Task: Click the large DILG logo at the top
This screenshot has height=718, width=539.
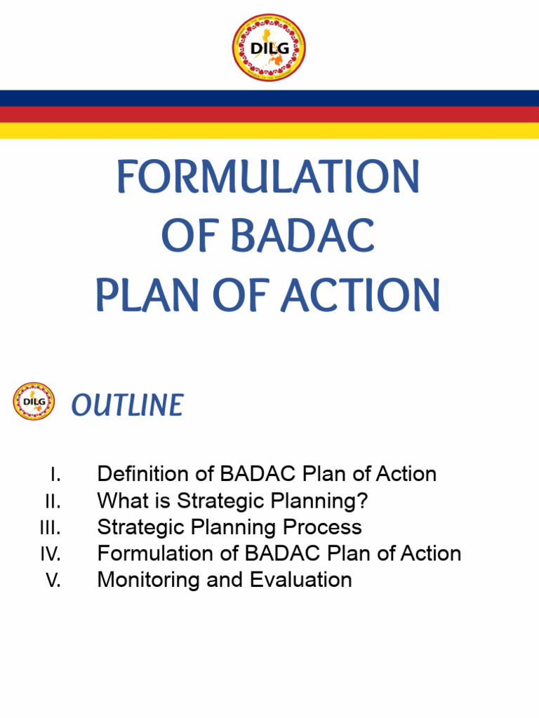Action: pyautogui.click(x=269, y=48)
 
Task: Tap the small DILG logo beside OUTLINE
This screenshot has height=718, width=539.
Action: pyautogui.click(x=34, y=402)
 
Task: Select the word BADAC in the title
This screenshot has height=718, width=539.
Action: pyautogui.click(x=303, y=236)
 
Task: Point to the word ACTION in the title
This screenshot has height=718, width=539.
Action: pyautogui.click(x=361, y=296)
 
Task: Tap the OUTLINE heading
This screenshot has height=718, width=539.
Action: pyautogui.click(x=127, y=405)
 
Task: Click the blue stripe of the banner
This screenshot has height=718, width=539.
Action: pyautogui.click(x=269, y=97)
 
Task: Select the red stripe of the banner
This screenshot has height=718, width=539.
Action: pyautogui.click(x=269, y=114)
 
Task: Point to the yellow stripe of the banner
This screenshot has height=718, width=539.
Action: pyautogui.click(x=269, y=130)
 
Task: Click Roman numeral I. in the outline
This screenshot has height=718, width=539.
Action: pyautogui.click(x=55, y=475)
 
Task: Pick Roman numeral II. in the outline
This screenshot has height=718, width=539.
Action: pyautogui.click(x=53, y=501)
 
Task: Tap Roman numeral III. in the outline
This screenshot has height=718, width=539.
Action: pyautogui.click(x=50, y=528)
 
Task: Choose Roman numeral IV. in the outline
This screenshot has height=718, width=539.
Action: pyautogui.click(x=50, y=554)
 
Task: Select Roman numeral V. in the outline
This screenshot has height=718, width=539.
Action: pyautogui.click(x=53, y=581)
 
